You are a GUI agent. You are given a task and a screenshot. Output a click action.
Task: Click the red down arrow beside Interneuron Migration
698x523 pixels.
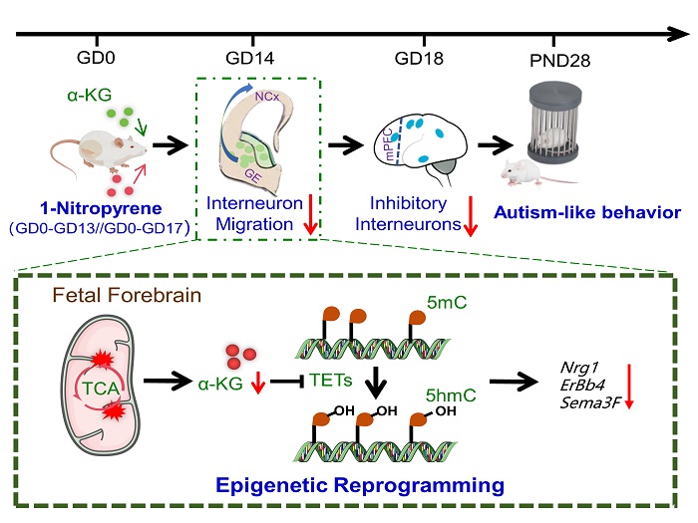click(310, 216)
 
